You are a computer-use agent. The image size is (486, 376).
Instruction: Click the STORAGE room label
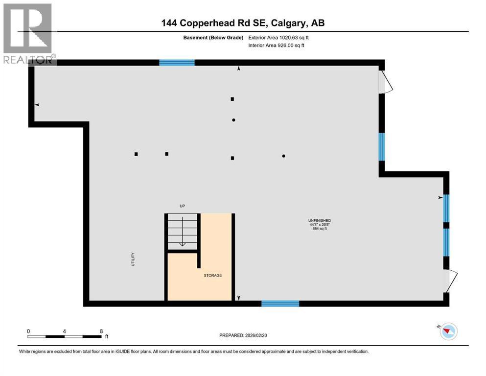(212, 275)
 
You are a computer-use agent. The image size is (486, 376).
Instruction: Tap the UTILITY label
(133, 259)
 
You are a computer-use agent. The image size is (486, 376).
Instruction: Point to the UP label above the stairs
(182, 206)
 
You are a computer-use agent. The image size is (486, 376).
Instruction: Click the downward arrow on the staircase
(182, 232)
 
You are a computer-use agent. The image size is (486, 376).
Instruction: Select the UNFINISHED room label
(320, 220)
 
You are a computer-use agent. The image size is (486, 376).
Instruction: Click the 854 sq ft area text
(320, 229)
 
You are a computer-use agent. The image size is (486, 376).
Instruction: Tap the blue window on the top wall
(177, 63)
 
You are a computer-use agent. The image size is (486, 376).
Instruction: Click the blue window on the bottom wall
(280, 304)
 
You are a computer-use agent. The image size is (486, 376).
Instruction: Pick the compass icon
(448, 331)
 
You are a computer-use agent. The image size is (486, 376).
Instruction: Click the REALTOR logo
(28, 33)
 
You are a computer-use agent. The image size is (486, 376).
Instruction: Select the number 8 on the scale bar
(101, 331)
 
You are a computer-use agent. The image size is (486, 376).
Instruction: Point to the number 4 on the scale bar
(65, 331)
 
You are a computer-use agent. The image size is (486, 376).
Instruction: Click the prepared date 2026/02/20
(256, 335)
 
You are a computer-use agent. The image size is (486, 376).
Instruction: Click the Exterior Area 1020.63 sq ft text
(278, 38)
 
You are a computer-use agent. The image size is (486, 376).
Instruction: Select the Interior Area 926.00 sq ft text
(276, 45)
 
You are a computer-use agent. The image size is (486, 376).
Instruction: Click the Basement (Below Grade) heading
(213, 38)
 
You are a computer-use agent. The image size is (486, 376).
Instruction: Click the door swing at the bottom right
(453, 281)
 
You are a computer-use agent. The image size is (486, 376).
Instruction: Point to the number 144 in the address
(169, 23)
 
